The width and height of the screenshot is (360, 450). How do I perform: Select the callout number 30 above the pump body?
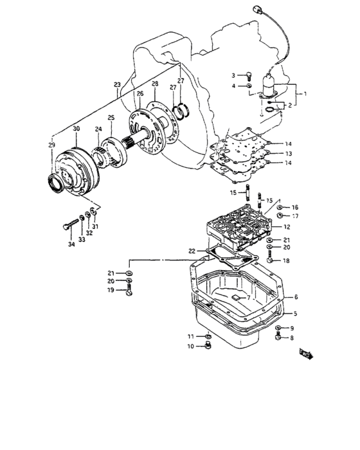tap(76, 129)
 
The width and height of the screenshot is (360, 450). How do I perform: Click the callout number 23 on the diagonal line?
tap(116, 85)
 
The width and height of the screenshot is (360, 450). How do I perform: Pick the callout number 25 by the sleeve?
tap(111, 118)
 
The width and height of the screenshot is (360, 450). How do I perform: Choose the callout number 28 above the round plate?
tap(154, 85)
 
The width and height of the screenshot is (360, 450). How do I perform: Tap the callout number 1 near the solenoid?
tap(305, 94)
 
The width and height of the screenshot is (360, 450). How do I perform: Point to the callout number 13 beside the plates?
tap(289, 154)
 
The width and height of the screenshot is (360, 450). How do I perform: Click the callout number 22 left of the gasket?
tap(192, 250)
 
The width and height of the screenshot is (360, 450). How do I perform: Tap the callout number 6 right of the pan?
tap(296, 298)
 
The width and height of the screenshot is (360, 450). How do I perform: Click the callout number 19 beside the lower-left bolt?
tap(110, 291)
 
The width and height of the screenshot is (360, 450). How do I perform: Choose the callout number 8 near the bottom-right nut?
tap(291, 337)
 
